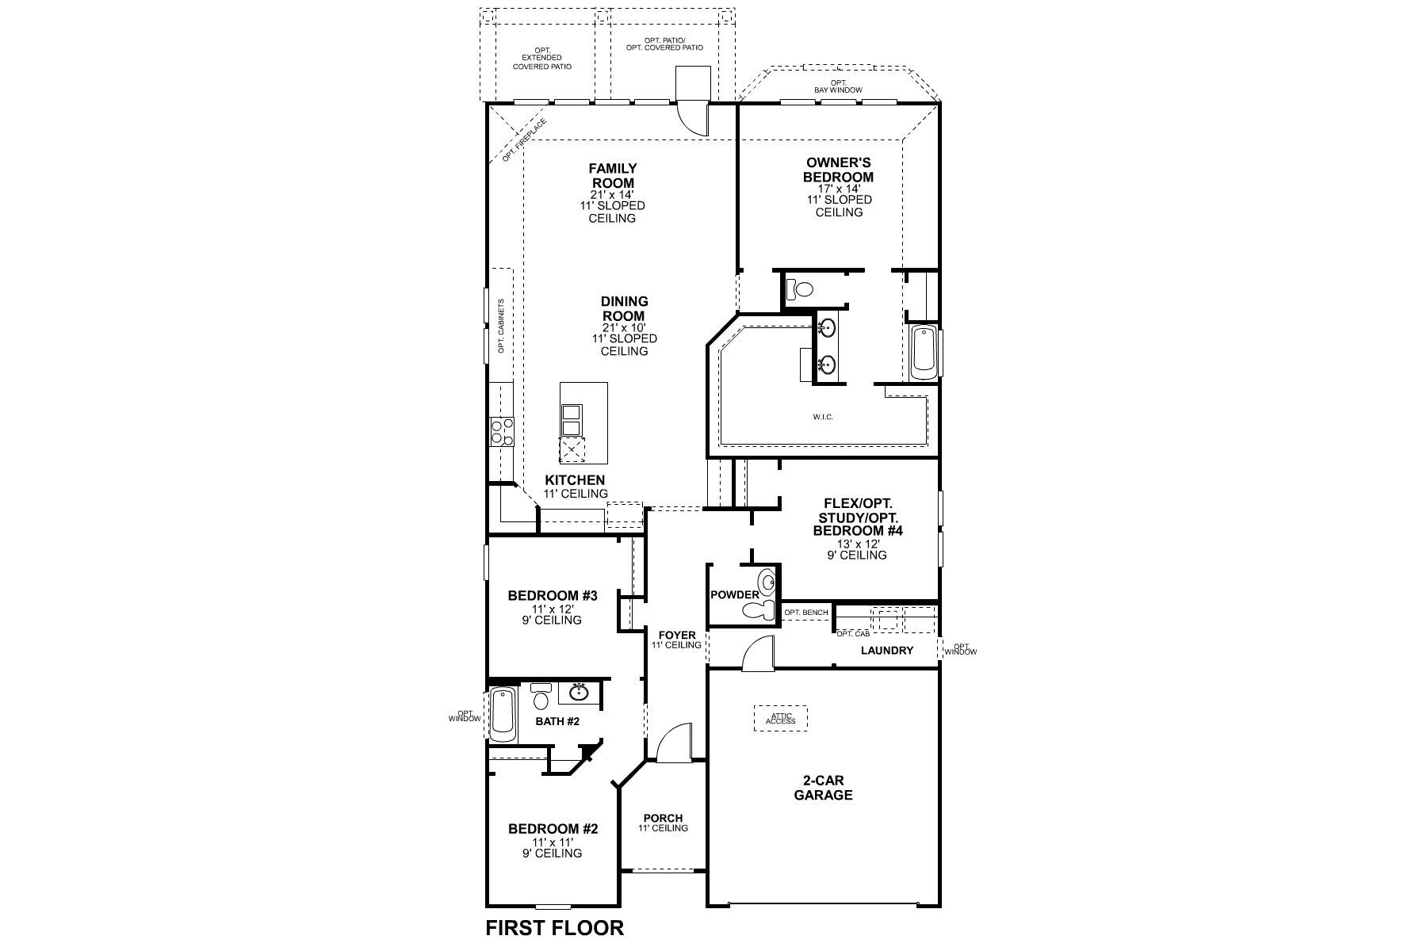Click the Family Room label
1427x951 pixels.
pyautogui.click(x=612, y=176)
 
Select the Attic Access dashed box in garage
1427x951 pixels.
pyautogui.click(x=780, y=718)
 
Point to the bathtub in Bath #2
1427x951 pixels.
pyautogui.click(x=503, y=714)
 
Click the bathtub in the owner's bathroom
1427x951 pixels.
pyautogui.click(x=924, y=353)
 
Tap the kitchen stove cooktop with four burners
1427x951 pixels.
pyautogui.click(x=501, y=433)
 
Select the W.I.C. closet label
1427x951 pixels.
pyautogui.click(x=822, y=417)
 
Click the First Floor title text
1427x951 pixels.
pyautogui.click(x=554, y=927)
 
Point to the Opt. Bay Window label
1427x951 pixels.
pyautogui.click(x=838, y=86)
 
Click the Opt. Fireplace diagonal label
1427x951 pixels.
pyautogui.click(x=524, y=140)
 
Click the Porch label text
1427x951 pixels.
pyautogui.click(x=663, y=819)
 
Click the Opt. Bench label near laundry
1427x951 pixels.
pyautogui.click(x=805, y=613)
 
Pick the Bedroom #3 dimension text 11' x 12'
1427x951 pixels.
pyautogui.click(x=552, y=609)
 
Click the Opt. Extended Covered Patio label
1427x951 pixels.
pyautogui.click(x=541, y=58)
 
